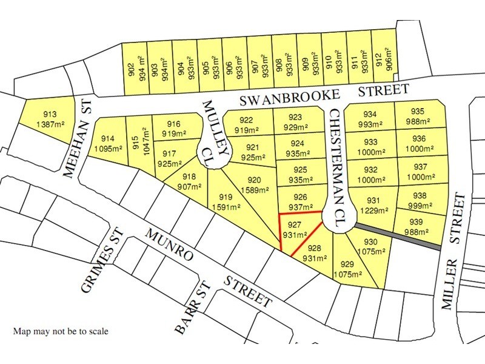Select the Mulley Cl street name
215,130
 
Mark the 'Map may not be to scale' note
61,332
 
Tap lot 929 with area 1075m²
347,269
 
